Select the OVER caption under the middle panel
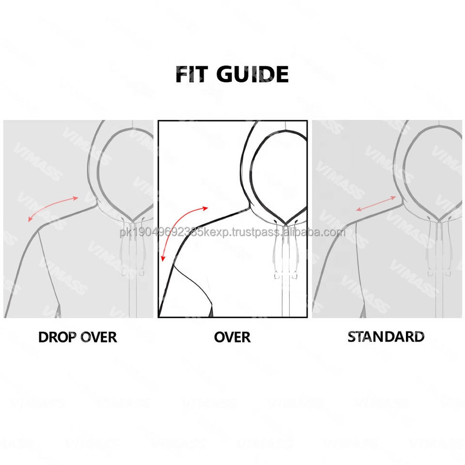click(x=232, y=337)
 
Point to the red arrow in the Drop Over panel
click(x=53, y=208)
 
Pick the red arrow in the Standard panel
click(x=376, y=203)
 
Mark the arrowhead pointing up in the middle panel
click(x=205, y=208)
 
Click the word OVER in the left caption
click(x=97, y=337)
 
